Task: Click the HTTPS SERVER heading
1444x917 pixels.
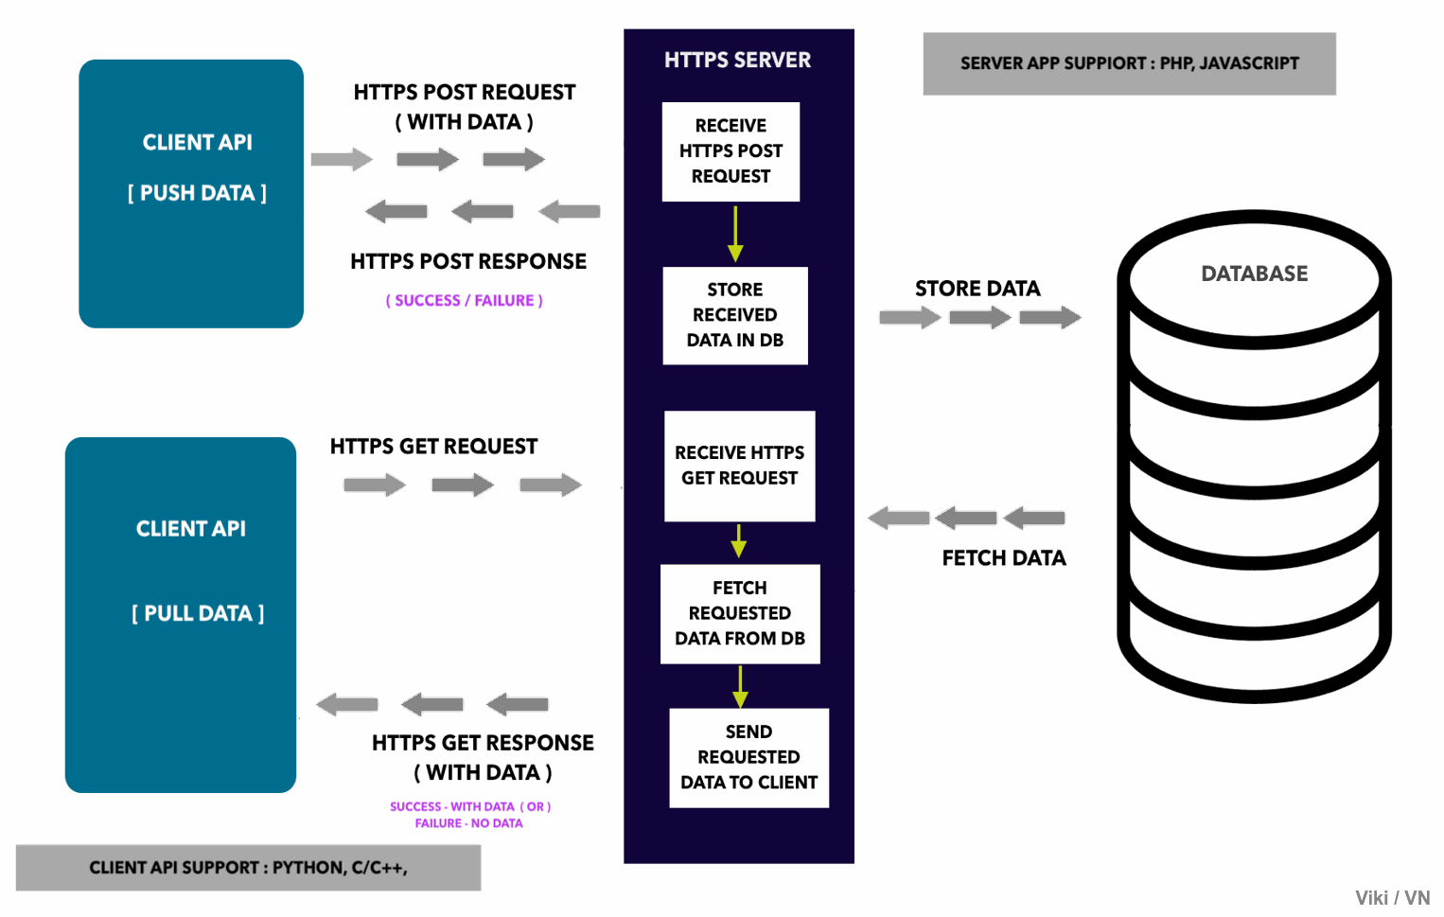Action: point(737,60)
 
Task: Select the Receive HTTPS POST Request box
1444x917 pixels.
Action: point(731,151)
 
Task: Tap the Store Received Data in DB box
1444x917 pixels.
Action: point(735,315)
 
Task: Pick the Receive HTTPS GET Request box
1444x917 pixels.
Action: point(740,466)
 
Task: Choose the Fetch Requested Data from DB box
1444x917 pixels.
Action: point(740,614)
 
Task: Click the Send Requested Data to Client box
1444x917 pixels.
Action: point(749,758)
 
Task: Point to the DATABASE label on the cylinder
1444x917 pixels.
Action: point(1255,273)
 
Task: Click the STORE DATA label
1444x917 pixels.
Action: point(977,289)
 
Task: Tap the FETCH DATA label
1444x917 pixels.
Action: point(1004,557)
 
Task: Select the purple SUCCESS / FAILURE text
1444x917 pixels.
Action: point(464,301)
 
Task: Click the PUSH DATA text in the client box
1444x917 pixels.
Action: point(197,193)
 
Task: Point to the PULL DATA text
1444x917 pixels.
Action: point(198,613)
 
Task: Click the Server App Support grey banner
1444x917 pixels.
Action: point(1130,63)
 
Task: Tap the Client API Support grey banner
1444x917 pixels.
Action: point(248,868)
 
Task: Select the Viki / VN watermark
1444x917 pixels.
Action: point(1393,898)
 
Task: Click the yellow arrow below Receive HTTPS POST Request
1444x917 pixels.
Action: point(735,234)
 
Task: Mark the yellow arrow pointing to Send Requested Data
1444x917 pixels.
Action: point(740,687)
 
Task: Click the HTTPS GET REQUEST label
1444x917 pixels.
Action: point(433,447)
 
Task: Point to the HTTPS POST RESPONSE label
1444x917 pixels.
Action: point(468,261)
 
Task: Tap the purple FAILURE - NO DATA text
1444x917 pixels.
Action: point(468,823)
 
